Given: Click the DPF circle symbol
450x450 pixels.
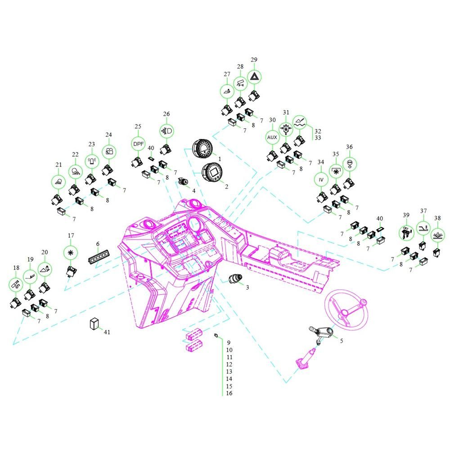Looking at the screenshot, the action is [x=139, y=144].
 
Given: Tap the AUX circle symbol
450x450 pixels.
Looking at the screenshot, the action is [x=272, y=137].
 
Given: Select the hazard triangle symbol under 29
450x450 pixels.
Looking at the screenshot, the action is [x=254, y=76].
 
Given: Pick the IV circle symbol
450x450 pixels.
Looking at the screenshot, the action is [x=321, y=180].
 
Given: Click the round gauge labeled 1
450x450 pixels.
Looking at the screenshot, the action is [x=202, y=148].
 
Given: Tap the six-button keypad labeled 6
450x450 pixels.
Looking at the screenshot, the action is [x=99, y=256].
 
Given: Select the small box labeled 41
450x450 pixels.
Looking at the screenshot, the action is [x=94, y=324].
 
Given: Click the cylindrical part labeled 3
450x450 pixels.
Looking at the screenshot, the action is [x=235, y=279].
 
